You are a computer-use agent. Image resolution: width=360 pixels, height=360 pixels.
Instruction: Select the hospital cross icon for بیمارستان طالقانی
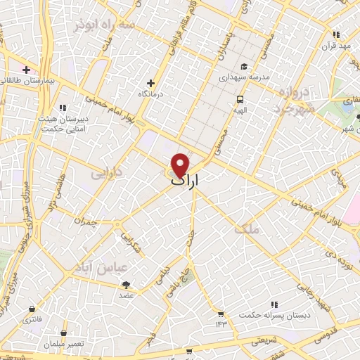pyautogui.click(x=26, y=70)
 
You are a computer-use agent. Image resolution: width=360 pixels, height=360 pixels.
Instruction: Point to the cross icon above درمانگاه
pyautogui.click(x=150, y=83)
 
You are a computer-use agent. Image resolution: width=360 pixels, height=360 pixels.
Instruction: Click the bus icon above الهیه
pyautogui.click(x=240, y=99)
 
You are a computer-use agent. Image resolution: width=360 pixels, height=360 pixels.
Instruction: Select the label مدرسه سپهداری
pyautogui.click(x=240, y=77)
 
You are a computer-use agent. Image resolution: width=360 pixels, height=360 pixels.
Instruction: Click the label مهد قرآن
pyautogui.click(x=336, y=46)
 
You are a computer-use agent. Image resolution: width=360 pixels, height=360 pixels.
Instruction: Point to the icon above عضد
pyautogui.click(x=127, y=285)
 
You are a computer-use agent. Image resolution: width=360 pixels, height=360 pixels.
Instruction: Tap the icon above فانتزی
pyautogui.click(x=32, y=309)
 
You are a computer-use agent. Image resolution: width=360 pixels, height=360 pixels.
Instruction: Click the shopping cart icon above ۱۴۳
pyautogui.click(x=221, y=314)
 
